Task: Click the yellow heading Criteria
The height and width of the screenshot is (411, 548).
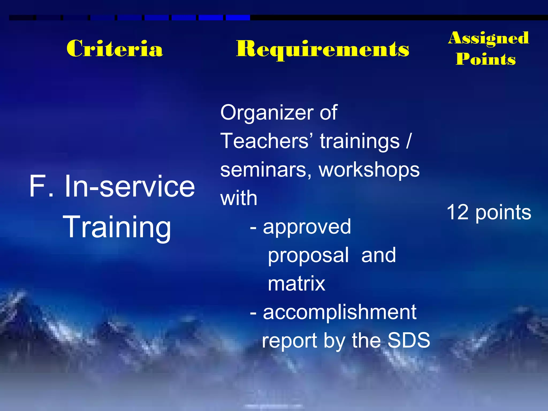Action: click(115, 49)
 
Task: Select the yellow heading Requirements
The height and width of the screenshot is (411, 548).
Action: click(322, 49)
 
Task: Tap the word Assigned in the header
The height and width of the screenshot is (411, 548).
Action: click(489, 38)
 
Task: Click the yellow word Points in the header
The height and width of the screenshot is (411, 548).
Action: click(486, 59)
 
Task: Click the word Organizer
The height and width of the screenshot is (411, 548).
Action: click(267, 113)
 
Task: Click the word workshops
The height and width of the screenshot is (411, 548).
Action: click(369, 170)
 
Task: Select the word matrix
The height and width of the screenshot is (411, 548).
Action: click(296, 284)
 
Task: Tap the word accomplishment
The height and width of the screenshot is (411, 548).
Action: click(340, 312)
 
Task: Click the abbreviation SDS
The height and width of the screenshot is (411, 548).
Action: click(409, 340)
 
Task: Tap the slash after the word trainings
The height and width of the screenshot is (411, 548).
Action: click(408, 141)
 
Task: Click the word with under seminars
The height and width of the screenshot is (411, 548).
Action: click(239, 199)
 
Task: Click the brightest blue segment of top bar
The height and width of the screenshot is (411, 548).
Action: click(238, 18)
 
